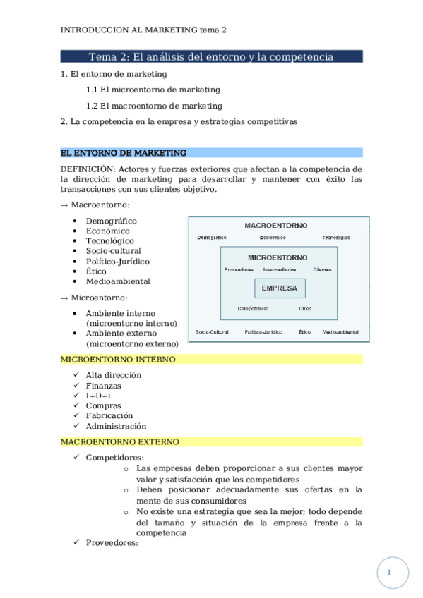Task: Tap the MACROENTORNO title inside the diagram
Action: click(276, 226)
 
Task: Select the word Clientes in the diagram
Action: click(322, 269)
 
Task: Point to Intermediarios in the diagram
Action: click(280, 269)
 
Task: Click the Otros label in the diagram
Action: click(305, 308)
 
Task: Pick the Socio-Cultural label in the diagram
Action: click(212, 331)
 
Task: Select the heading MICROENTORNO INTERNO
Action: click(119, 360)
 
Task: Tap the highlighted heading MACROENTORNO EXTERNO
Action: click(120, 442)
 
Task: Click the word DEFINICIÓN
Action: click(88, 169)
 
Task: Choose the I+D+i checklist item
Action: click(98, 396)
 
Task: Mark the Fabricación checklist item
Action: click(109, 416)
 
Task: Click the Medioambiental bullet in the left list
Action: click(118, 281)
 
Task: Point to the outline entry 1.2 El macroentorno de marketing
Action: click(154, 106)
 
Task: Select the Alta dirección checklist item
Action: click(113, 375)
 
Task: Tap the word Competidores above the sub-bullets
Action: click(114, 458)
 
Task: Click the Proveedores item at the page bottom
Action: click(112, 543)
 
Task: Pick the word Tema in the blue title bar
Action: click(102, 57)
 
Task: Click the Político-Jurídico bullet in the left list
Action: click(117, 261)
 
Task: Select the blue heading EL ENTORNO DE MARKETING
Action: click(124, 152)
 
